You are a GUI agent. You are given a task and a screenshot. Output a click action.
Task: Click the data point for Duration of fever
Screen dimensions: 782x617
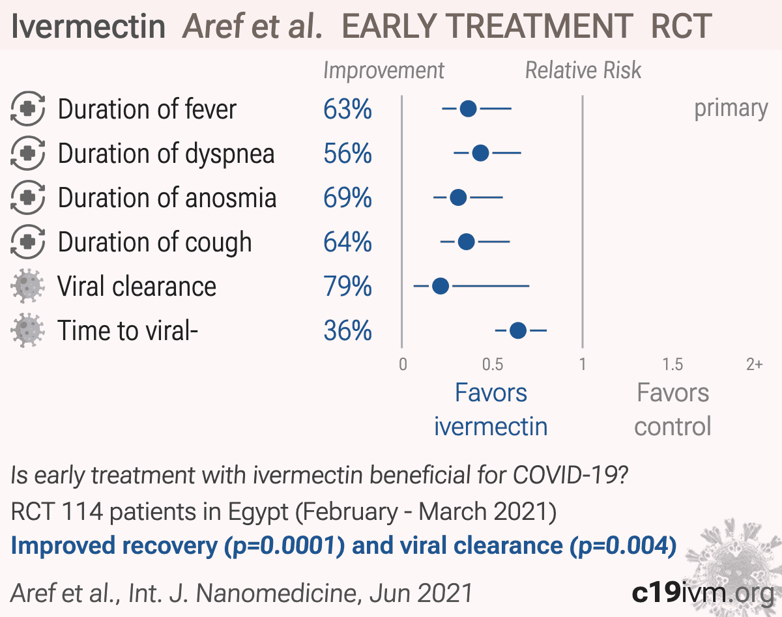point(468,109)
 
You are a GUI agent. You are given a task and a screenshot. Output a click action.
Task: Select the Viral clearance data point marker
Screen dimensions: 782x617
point(441,286)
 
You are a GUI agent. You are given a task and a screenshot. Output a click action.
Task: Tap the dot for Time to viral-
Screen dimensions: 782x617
point(518,330)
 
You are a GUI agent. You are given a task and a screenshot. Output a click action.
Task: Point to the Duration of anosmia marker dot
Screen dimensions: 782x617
point(458,197)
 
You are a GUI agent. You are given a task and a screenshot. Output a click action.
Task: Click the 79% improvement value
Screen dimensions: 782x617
point(348,286)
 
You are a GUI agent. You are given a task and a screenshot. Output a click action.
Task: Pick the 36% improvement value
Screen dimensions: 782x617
point(348,331)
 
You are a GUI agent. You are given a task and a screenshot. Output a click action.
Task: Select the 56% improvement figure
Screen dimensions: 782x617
point(348,153)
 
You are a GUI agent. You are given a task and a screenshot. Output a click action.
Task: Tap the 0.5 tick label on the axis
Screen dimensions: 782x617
point(493,364)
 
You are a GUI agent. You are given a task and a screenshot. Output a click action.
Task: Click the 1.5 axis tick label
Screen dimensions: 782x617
point(673,364)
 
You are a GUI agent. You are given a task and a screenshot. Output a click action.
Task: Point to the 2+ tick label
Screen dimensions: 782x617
point(755,364)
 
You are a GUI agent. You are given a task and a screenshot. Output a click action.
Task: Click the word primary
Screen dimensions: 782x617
point(731,109)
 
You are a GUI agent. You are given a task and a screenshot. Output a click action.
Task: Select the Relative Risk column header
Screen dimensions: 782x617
point(583,70)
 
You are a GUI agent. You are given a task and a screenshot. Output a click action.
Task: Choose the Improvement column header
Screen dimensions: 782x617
point(384,71)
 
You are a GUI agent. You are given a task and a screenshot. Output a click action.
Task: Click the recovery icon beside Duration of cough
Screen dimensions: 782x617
point(27,242)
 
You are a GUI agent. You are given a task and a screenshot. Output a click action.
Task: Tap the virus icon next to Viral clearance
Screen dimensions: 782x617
point(27,286)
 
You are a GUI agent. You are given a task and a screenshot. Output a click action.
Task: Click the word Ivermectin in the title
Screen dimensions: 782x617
point(89,26)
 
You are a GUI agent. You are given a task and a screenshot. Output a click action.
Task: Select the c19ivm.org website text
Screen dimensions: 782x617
point(702,593)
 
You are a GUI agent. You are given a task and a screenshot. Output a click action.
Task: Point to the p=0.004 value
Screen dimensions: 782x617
point(623,546)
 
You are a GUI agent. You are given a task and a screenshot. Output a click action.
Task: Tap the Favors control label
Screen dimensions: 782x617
point(673,410)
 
